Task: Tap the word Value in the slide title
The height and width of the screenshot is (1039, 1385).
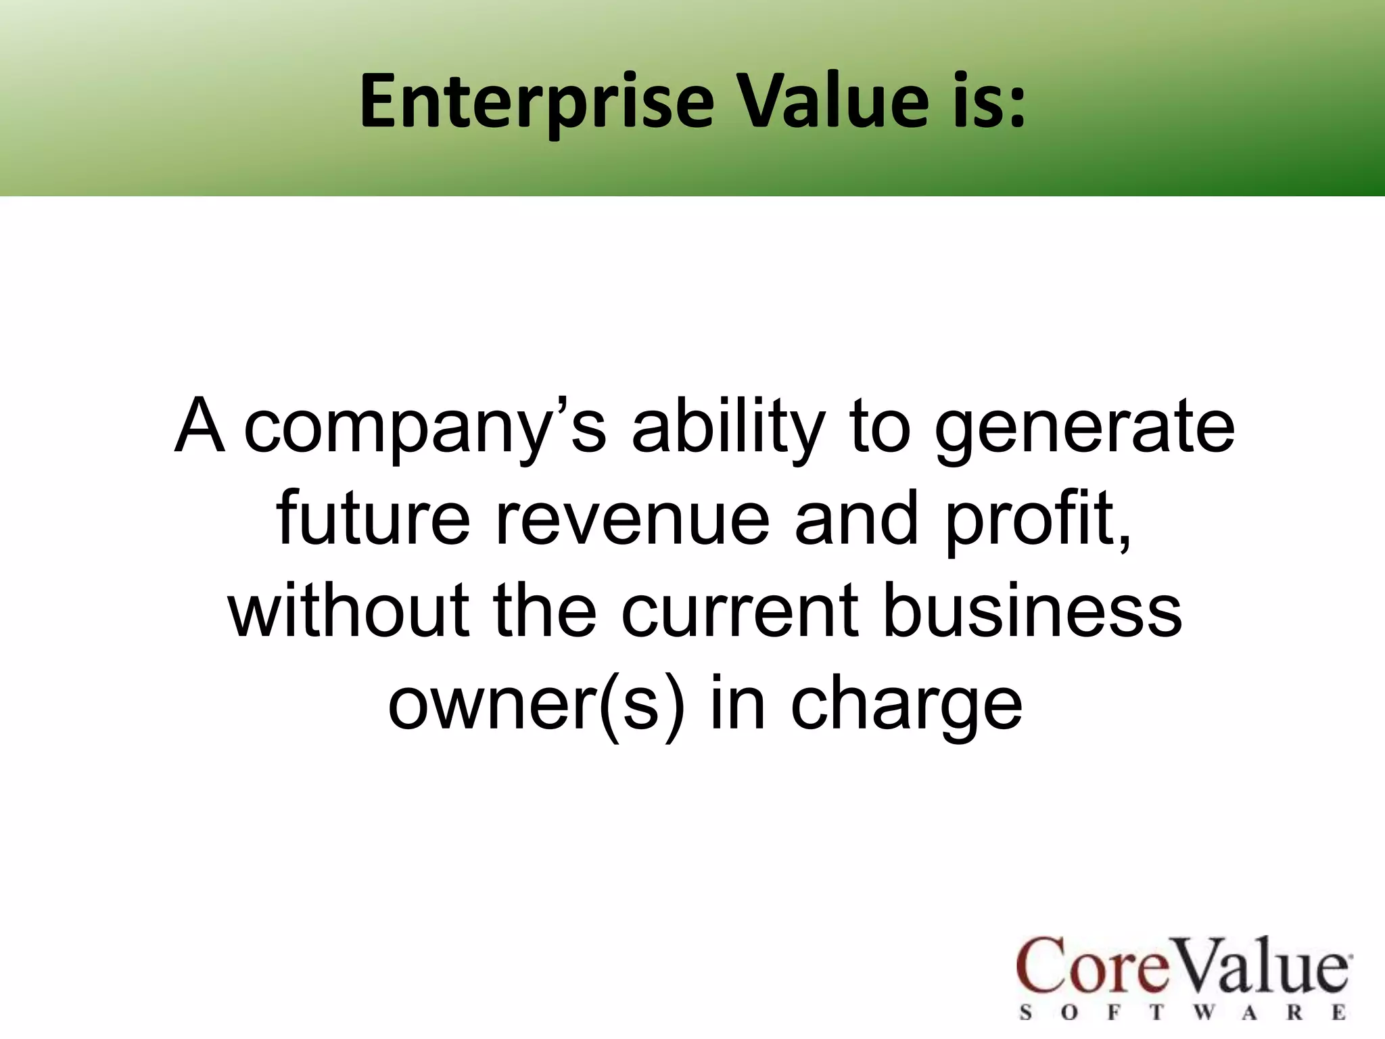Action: click(x=830, y=101)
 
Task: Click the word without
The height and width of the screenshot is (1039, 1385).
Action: click(x=348, y=611)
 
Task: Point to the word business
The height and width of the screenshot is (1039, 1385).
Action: click(x=1033, y=611)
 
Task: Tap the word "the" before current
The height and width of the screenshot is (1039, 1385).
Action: click(x=545, y=611)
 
